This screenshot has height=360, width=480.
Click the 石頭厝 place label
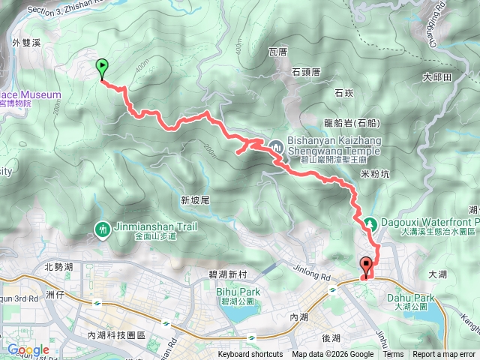(306, 72)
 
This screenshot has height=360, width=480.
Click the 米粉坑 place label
(374, 174)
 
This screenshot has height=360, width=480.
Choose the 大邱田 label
(437, 77)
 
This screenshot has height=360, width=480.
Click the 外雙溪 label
(25, 43)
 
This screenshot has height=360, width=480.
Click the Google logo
(28, 349)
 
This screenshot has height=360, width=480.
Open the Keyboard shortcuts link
(250, 355)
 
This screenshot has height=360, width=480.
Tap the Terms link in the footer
(393, 355)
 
